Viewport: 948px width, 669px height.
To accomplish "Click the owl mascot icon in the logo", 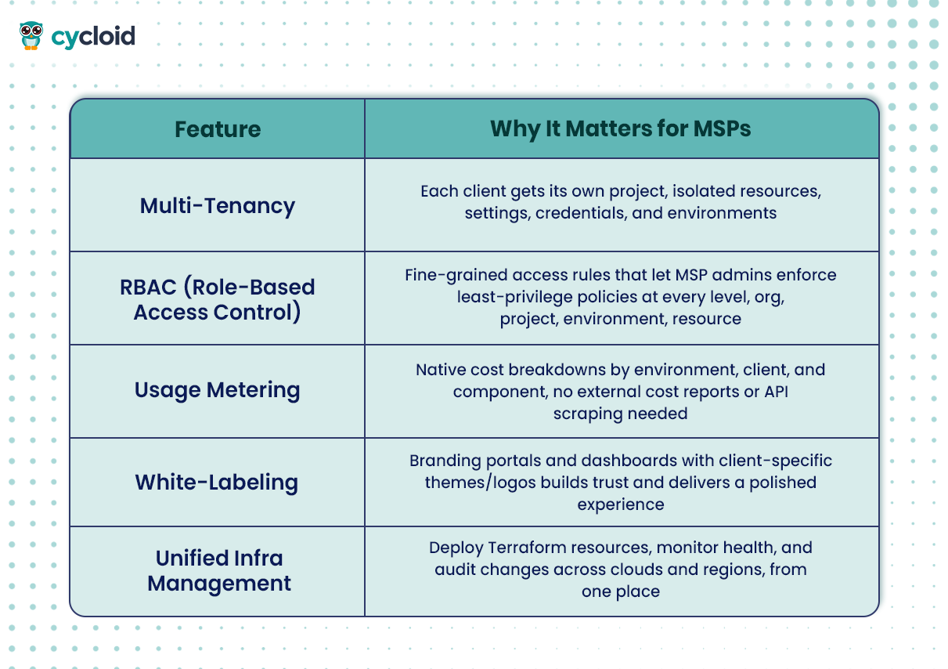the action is point(31,35).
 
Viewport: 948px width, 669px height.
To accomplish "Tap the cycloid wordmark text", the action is point(93,36).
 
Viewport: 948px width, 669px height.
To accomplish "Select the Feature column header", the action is point(218,129).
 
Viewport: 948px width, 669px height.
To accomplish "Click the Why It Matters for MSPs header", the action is point(621,128).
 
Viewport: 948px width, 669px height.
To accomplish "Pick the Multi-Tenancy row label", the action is point(218,206).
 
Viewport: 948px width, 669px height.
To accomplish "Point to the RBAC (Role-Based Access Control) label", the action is point(218,299).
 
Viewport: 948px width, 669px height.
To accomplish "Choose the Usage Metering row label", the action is point(217,390).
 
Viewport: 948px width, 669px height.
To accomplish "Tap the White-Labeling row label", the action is point(217,483).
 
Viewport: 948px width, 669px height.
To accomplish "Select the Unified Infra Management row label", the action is point(219,570).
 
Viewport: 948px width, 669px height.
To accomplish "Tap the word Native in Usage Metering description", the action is point(440,370).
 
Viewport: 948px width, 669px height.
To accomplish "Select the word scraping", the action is point(585,414).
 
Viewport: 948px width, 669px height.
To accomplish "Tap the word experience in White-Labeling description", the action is point(621,505).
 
